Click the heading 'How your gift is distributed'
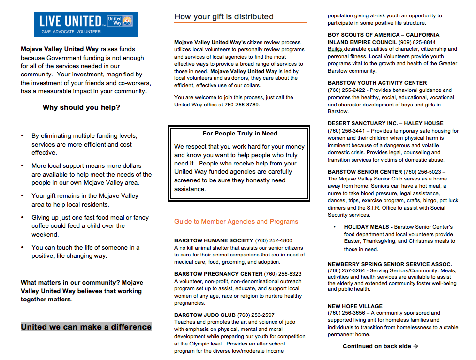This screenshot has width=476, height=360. click(x=224, y=16)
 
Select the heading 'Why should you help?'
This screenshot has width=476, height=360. click(x=81, y=107)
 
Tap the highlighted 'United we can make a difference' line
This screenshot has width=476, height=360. click(x=86, y=327)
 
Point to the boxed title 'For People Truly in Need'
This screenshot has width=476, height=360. click(x=240, y=134)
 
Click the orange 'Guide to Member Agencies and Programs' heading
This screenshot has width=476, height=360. click(x=236, y=222)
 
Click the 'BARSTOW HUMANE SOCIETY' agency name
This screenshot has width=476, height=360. click(x=214, y=240)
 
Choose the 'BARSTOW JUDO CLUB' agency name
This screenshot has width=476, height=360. click(x=205, y=315)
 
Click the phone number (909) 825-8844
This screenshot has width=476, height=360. click(x=419, y=42)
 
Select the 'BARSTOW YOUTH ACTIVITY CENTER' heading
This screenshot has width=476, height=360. click(x=377, y=83)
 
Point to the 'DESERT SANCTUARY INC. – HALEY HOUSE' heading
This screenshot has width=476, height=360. click(x=385, y=123)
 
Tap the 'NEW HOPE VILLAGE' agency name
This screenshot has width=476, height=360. click(x=355, y=306)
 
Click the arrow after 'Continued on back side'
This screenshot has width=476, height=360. click(x=415, y=346)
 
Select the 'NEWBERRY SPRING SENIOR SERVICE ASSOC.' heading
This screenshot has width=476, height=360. click(x=390, y=264)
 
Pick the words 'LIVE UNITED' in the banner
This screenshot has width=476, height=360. click(x=70, y=21)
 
